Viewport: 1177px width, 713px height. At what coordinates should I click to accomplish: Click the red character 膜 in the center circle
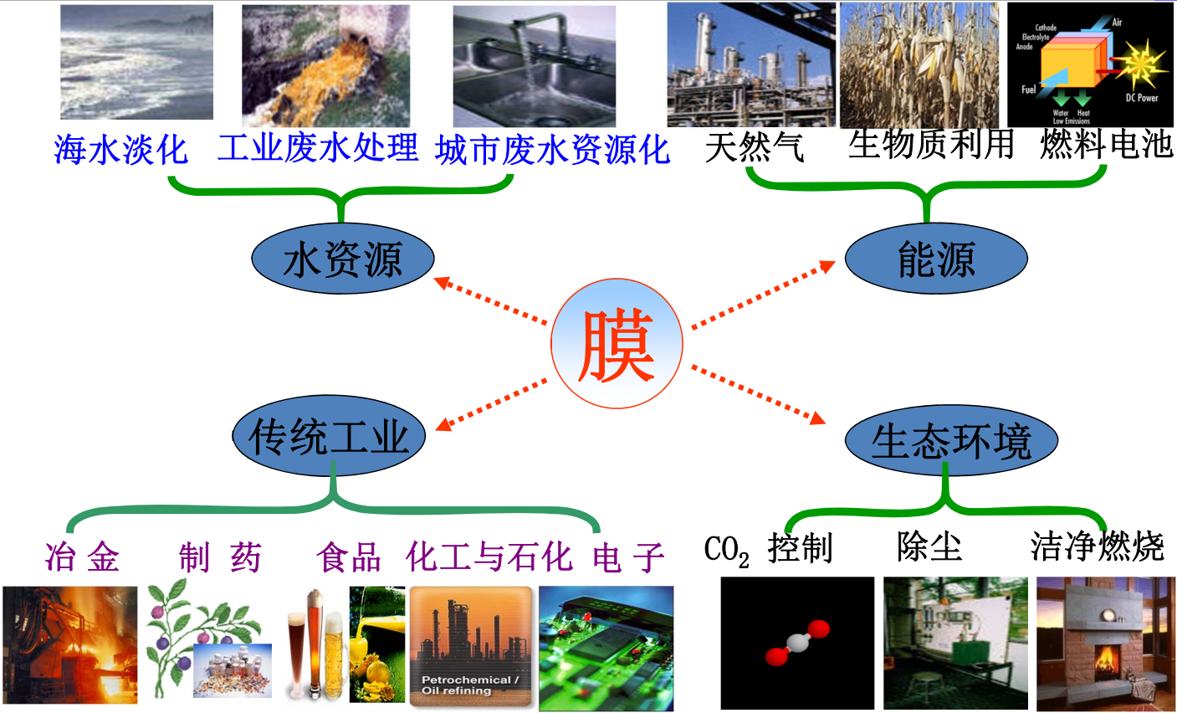pyautogui.click(x=616, y=345)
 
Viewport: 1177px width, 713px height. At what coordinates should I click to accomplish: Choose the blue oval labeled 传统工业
pyautogui.click(x=330, y=436)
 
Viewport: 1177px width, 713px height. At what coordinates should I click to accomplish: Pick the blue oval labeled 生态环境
pyautogui.click(x=951, y=440)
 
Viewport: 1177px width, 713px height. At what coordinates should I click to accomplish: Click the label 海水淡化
pyautogui.click(x=121, y=150)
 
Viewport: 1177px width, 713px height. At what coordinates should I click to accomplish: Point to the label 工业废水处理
pyautogui.click(x=318, y=148)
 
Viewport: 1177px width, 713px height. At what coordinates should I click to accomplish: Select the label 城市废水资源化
pyautogui.click(x=552, y=150)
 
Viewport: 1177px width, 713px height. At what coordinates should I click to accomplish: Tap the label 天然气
pyautogui.click(x=755, y=148)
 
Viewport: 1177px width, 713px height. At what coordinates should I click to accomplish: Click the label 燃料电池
pyautogui.click(x=1106, y=144)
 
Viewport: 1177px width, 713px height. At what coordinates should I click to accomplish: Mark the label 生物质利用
pyautogui.click(x=930, y=144)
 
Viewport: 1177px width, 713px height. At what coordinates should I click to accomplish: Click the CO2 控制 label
pyautogui.click(x=768, y=549)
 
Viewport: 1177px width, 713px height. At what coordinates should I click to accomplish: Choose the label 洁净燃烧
pyautogui.click(x=1097, y=547)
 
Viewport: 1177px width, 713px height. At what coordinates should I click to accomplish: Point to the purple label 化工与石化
pyautogui.click(x=489, y=557)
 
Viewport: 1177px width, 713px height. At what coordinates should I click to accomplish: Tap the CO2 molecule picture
pyautogui.click(x=796, y=643)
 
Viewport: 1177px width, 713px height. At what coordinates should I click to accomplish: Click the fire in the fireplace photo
pyautogui.click(x=1105, y=659)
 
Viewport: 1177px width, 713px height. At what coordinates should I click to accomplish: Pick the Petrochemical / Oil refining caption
pyautogui.click(x=469, y=685)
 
